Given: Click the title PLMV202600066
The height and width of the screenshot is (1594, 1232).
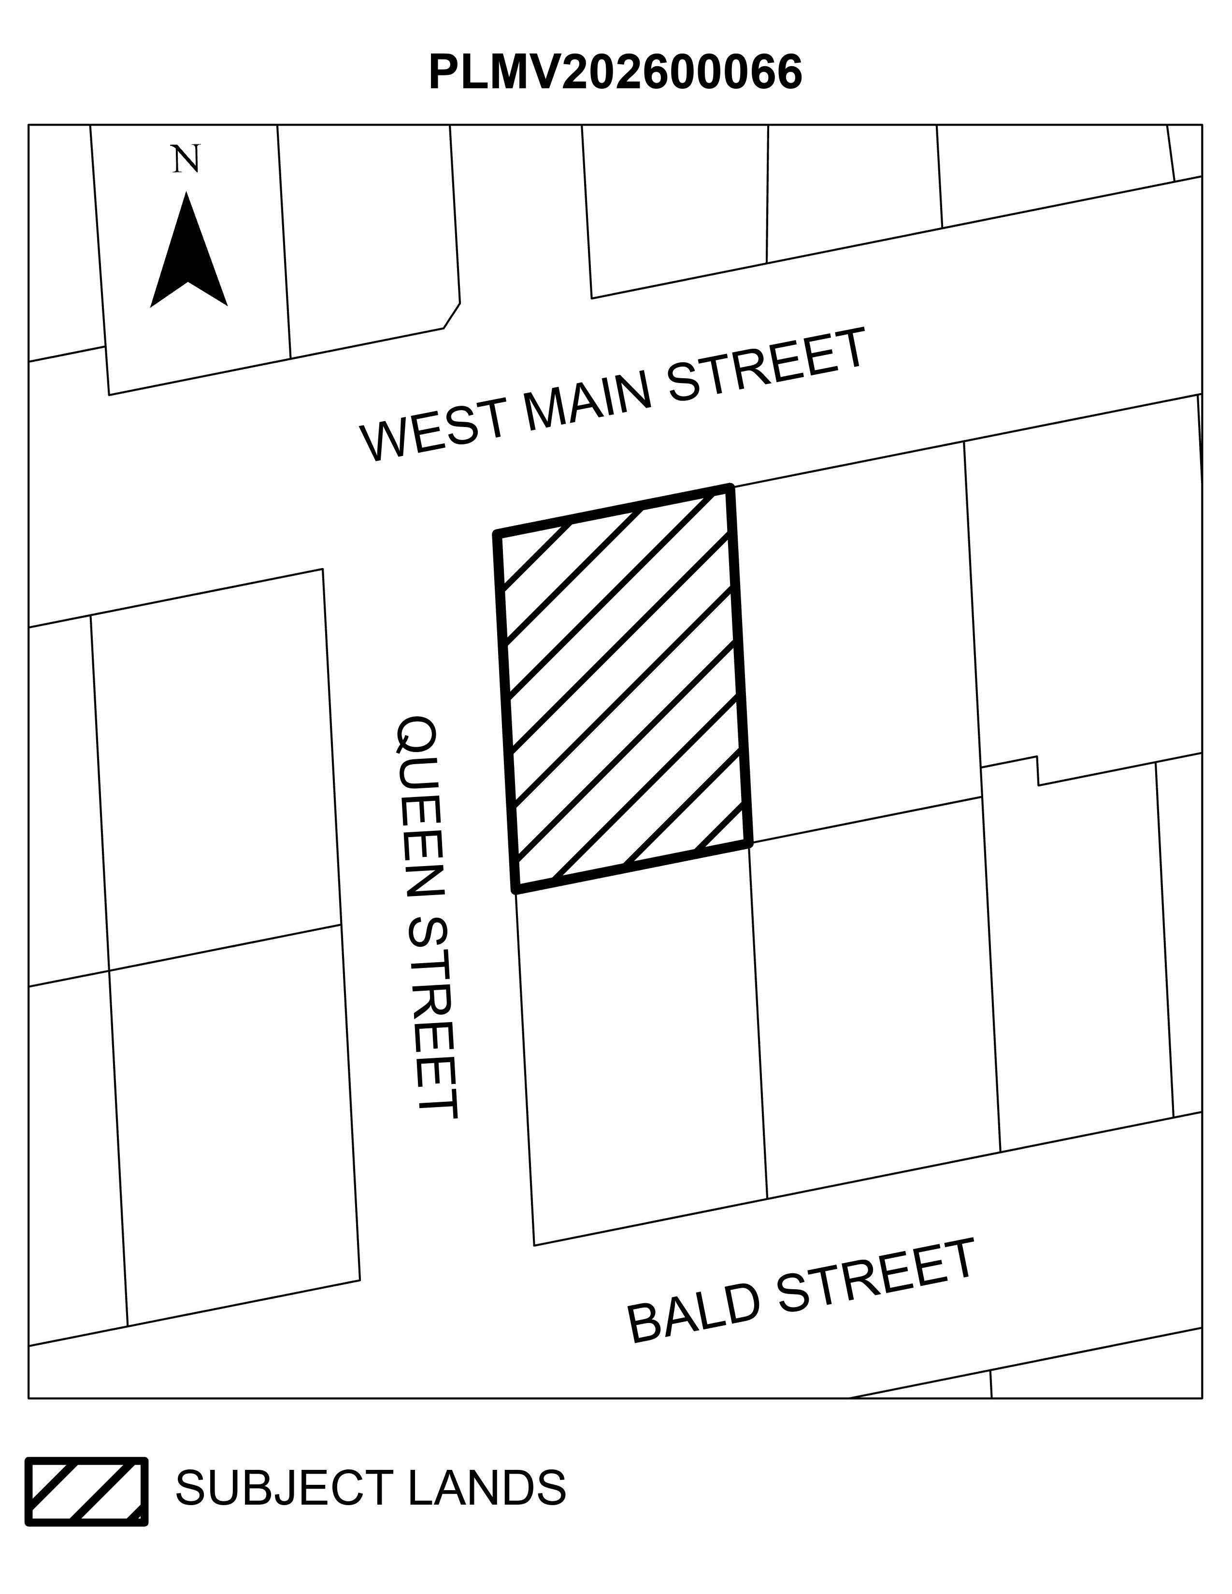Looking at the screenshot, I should point(615,72).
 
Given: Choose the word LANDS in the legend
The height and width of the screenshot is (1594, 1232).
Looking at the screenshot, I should point(487,1488).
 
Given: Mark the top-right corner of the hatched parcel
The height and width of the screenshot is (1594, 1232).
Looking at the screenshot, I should point(730,487).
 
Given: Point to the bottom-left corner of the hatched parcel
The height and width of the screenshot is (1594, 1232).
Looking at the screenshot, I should point(516,890).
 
